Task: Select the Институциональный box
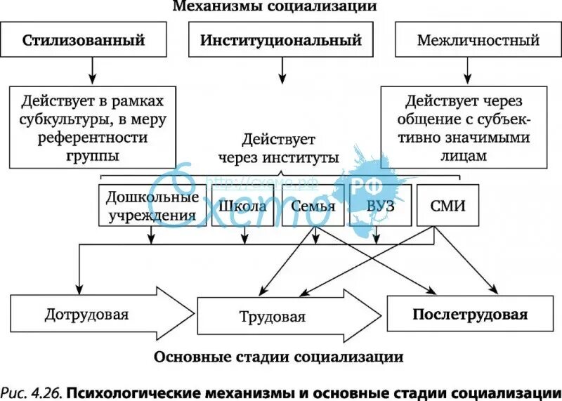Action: [281, 40]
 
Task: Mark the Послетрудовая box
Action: [469, 313]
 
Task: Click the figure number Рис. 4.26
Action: [31, 390]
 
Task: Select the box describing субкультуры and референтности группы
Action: [91, 124]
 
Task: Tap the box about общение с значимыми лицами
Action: [465, 126]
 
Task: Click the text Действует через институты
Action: [279, 148]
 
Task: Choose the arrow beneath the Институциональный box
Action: [281, 70]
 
